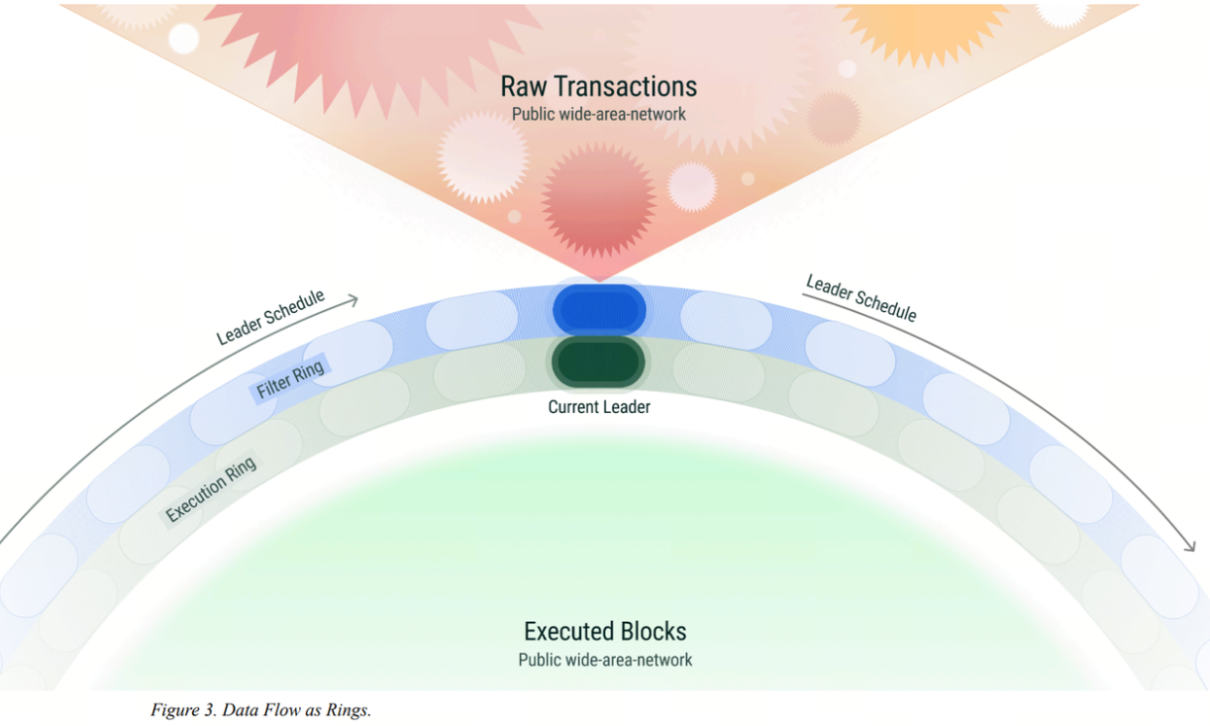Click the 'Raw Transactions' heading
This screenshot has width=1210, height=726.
click(x=598, y=86)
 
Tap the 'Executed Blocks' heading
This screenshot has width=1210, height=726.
click(x=605, y=631)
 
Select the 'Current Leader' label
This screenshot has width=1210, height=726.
click(x=599, y=407)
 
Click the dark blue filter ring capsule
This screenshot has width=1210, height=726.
click(x=599, y=310)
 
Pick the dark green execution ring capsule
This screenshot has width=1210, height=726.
click(x=598, y=362)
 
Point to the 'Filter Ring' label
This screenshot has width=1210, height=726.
click(x=290, y=378)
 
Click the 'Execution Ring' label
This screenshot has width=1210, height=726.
click(x=211, y=489)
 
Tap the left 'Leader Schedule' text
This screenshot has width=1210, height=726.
click(x=270, y=317)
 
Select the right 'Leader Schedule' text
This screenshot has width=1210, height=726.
click(x=861, y=298)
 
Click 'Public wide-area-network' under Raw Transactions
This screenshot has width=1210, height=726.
click(x=598, y=114)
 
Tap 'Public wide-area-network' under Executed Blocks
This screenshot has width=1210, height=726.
click(x=605, y=660)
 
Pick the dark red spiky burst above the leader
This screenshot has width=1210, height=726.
click(x=598, y=200)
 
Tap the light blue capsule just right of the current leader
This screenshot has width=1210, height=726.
click(x=726, y=320)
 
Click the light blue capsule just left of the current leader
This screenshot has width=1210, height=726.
click(x=471, y=320)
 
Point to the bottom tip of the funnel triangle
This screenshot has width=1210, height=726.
click(x=599, y=281)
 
